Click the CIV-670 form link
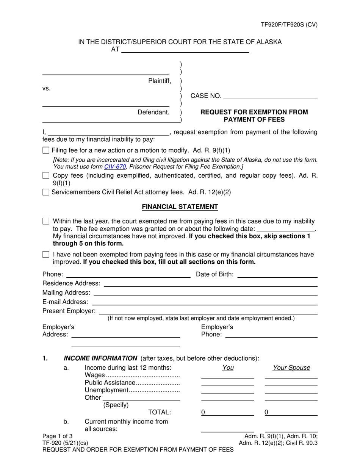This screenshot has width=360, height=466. point(115,166)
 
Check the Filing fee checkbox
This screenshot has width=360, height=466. point(46,150)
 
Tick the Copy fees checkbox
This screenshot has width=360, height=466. point(46,176)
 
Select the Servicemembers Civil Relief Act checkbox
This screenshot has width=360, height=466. point(46,192)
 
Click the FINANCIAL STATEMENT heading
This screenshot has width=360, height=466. point(180,206)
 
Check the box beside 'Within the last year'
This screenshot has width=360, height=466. point(46,221)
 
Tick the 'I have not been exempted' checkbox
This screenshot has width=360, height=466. point(46,255)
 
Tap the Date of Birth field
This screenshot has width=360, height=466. point(277,274)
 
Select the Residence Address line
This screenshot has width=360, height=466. point(210,283)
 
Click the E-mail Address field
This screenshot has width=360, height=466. point(204,302)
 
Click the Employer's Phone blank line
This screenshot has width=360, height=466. point(271,335)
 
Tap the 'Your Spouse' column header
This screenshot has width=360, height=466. point(291,367)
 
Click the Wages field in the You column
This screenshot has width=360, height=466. point(227,375)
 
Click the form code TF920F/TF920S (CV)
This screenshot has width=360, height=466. point(289,25)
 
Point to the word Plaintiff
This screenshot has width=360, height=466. point(160,81)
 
